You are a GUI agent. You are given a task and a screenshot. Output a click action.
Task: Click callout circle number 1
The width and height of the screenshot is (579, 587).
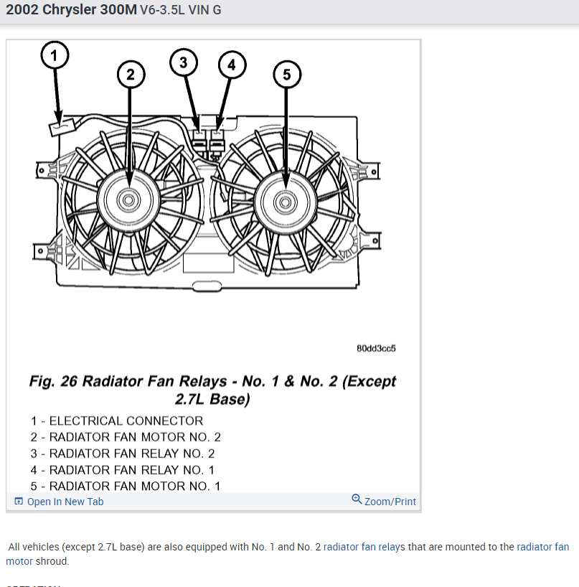point(56,54)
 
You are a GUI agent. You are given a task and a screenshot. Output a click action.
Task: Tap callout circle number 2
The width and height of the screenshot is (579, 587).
point(130,73)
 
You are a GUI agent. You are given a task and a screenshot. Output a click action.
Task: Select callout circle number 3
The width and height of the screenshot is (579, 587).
point(184,62)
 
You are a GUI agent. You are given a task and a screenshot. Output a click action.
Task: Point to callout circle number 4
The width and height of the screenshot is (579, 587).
point(231,65)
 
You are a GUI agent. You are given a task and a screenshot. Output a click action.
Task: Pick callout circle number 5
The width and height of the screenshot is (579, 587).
point(286,73)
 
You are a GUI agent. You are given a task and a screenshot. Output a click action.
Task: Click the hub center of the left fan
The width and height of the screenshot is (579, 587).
point(129,199)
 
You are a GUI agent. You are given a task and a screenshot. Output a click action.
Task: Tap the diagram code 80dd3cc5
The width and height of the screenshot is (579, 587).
point(376,348)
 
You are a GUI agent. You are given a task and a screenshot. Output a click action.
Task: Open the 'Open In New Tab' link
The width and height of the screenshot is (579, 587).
point(65,502)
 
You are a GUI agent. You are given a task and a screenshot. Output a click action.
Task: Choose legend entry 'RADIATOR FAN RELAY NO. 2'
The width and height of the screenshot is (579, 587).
point(123,454)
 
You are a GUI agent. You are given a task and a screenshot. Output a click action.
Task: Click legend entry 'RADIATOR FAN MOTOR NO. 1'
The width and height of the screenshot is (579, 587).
point(126,486)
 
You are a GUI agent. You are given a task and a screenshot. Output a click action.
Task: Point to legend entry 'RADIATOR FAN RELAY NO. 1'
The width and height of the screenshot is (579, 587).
point(123,470)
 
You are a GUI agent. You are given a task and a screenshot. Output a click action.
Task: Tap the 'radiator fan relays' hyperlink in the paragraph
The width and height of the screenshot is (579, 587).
point(364,547)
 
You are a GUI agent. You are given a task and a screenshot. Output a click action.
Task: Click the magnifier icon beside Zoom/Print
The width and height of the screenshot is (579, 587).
point(357,499)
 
